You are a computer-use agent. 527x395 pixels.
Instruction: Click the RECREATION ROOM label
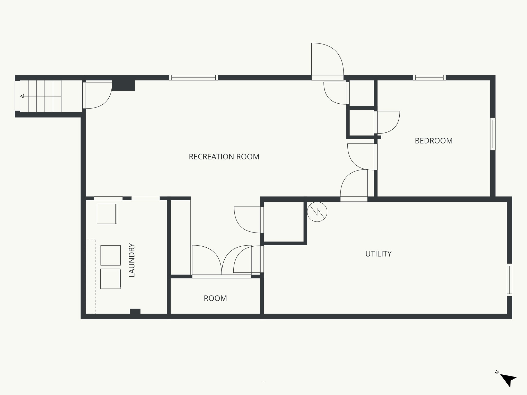tap(224, 157)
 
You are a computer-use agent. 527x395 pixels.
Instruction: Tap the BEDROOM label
tap(434, 141)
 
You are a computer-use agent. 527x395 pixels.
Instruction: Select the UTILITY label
tap(378, 254)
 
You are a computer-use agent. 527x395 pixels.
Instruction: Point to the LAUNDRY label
tap(132, 260)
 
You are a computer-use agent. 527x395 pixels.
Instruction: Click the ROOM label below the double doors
tap(215, 298)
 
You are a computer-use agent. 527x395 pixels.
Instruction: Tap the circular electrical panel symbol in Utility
tap(317, 212)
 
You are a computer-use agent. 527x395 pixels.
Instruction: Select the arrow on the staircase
tap(22, 96)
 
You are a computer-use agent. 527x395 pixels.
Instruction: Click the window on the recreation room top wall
tap(194, 77)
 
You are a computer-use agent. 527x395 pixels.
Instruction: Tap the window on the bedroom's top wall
tap(429, 77)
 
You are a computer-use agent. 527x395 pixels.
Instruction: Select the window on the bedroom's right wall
tap(493, 134)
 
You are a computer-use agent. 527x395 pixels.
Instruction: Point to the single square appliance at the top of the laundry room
tap(107, 214)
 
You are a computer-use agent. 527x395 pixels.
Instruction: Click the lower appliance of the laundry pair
tap(110, 279)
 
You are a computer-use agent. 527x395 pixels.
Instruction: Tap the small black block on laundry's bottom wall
tap(135, 311)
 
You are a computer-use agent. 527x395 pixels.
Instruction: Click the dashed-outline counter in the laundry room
tap(91, 276)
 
